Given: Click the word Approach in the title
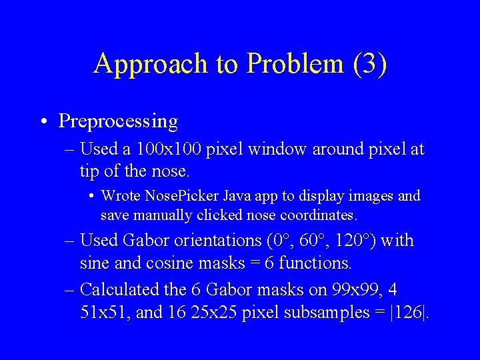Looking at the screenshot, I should (151, 64).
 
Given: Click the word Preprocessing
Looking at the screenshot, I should (118, 121).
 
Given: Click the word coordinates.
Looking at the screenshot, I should (319, 215).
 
